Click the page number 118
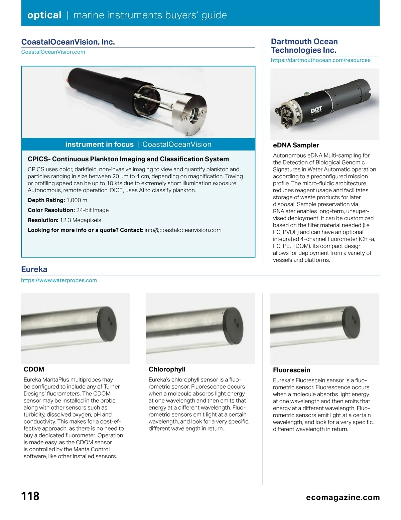(30, 496)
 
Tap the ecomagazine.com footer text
(343, 497)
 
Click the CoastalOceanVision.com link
(53, 52)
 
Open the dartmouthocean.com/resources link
(320, 60)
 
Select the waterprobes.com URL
(59, 280)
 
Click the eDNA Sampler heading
(296, 145)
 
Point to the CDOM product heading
(34, 369)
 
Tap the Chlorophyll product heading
(167, 369)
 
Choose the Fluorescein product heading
(291, 370)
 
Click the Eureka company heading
(34, 269)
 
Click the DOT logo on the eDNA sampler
(316, 110)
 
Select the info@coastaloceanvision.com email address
(183, 230)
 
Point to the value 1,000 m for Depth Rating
(77, 200)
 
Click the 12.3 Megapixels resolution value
(80, 220)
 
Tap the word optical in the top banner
(44, 15)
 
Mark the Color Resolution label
(51, 210)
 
